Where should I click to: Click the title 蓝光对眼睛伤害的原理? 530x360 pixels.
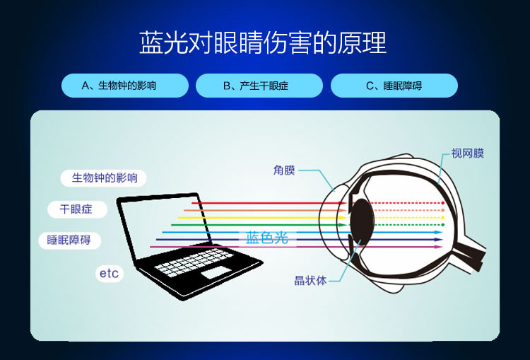click(263, 43)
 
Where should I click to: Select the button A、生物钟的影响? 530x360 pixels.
click(124, 86)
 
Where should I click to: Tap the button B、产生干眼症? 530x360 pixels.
click(259, 86)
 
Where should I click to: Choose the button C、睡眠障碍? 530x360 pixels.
click(394, 86)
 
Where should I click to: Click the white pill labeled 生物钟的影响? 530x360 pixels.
click(103, 178)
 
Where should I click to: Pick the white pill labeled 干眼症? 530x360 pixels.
click(78, 209)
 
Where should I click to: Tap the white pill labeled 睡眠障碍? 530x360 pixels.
click(70, 240)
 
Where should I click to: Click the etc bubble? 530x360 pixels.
click(109, 274)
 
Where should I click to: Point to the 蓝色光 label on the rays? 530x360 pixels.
click(267, 238)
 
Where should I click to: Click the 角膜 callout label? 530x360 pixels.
click(284, 170)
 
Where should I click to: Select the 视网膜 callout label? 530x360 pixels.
click(468, 153)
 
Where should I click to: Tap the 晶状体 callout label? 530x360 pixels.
click(310, 281)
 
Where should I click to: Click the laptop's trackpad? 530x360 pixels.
click(216, 272)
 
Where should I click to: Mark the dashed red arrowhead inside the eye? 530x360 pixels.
click(443, 203)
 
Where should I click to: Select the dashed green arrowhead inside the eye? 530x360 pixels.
click(443, 225)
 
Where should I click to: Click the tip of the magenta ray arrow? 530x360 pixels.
click(442, 247)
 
